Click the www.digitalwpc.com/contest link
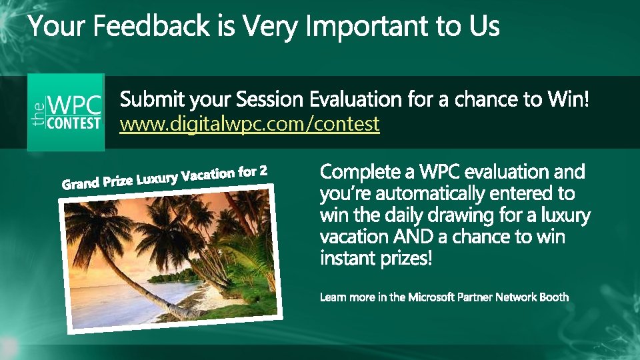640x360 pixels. pos(249,123)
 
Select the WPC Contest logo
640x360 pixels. pos(66,112)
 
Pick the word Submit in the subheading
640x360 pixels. pos(153,100)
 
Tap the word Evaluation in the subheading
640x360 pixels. pos(357,100)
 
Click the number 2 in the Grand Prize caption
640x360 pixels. pos(263,171)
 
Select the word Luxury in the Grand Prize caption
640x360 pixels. pos(157,178)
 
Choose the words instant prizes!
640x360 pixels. pos(376,257)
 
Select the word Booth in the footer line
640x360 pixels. pos(553,297)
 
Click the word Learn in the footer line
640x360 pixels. pos(333,297)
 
